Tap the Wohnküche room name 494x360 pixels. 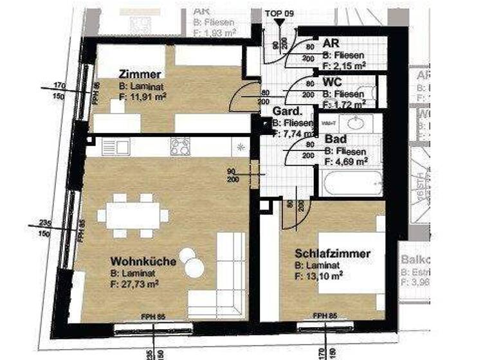[x=135, y=262]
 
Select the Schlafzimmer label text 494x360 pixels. [x=332, y=254]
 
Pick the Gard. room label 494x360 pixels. [x=285, y=111]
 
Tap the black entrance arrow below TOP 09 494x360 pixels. [x=279, y=23]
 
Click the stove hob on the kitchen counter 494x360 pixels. [x=181, y=147]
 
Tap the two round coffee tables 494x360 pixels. [x=191, y=261]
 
